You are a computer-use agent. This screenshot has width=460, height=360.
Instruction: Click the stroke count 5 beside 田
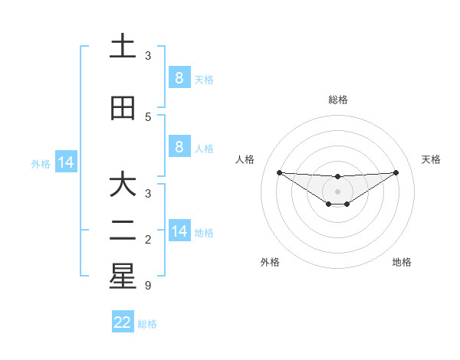148,117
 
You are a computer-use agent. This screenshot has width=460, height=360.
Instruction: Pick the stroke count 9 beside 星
148,286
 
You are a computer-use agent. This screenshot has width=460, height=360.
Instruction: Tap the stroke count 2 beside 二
148,240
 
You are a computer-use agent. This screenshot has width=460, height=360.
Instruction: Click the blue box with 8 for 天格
179,78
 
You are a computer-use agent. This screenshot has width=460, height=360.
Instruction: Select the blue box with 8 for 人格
179,147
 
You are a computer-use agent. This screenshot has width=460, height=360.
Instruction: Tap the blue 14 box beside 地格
179,231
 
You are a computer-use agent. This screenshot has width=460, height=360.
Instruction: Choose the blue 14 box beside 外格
66,162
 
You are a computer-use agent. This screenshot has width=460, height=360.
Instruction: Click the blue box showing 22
123,322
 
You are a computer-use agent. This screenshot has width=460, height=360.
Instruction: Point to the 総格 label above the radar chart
337,100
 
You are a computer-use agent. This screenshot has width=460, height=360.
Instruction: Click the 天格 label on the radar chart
432,159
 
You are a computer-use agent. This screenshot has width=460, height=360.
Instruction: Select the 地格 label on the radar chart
402,262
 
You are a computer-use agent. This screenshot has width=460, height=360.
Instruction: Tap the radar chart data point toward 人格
279,172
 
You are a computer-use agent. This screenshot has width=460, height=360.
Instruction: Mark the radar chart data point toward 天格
396,172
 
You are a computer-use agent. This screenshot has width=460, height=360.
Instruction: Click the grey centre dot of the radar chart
337,191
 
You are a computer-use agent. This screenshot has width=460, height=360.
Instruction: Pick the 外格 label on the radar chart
270,262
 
